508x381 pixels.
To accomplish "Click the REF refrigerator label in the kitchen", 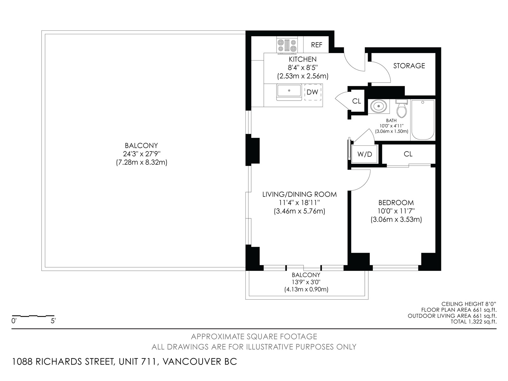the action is tap(316, 45).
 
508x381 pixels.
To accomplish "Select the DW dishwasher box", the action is tap(313, 92).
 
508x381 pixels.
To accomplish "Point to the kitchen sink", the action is tap(289, 92).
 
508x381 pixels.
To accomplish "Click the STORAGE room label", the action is tap(409, 66).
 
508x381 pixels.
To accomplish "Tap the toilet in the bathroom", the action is tap(402, 108).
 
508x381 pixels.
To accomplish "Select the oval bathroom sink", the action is tap(379, 106).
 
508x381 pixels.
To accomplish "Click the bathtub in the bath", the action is tap(423, 120).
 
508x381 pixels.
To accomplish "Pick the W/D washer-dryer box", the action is tap(364, 154).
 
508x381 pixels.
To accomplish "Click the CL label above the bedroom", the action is tap(408, 154).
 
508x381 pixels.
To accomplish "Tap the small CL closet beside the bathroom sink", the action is tap(357, 101).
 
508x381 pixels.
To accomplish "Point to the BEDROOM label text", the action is tap(396, 203).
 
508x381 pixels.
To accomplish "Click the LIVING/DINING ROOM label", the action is tap(299, 194).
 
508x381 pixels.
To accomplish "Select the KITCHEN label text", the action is tap(303, 59).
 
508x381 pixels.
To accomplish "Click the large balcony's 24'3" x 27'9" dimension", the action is tap(141, 154).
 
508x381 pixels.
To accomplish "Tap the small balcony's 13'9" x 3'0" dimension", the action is tap(306, 282).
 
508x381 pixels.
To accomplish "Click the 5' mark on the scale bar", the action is tap(53, 321).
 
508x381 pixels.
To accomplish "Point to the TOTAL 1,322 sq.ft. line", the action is tap(473, 322).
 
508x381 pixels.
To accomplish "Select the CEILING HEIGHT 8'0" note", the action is tap(469, 304).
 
